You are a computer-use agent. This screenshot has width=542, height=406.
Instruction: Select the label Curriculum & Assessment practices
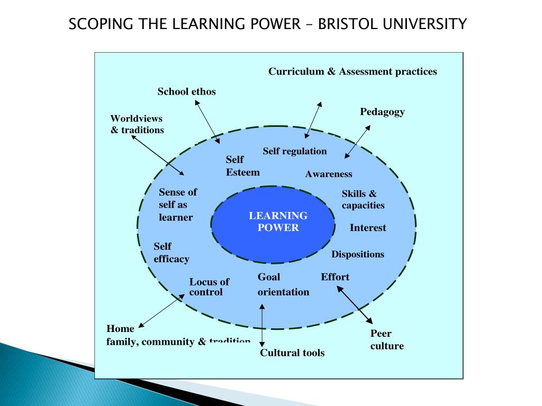353,71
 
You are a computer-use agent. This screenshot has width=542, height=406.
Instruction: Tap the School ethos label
186,91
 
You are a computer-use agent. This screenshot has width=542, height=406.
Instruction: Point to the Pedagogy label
382,112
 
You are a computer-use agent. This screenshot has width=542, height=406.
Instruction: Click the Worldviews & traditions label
137,124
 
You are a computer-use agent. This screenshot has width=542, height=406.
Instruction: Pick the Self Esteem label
242,165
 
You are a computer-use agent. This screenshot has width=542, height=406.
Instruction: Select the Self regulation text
295,151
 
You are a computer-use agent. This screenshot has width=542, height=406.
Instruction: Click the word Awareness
328,174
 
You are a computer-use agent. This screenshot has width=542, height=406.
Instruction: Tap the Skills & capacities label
363,199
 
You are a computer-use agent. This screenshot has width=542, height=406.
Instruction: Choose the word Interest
368,228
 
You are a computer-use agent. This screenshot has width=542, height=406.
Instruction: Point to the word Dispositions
358,254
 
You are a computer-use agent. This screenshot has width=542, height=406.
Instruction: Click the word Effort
335,277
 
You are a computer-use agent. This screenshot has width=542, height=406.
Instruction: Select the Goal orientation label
283,284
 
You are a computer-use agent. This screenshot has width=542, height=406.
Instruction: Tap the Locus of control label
209,287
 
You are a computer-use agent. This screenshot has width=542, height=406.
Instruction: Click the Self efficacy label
171,252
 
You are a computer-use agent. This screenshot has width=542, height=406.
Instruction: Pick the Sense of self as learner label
178,205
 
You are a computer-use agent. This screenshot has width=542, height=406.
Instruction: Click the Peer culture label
387,340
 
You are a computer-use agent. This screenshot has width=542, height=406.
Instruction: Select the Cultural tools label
292,353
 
